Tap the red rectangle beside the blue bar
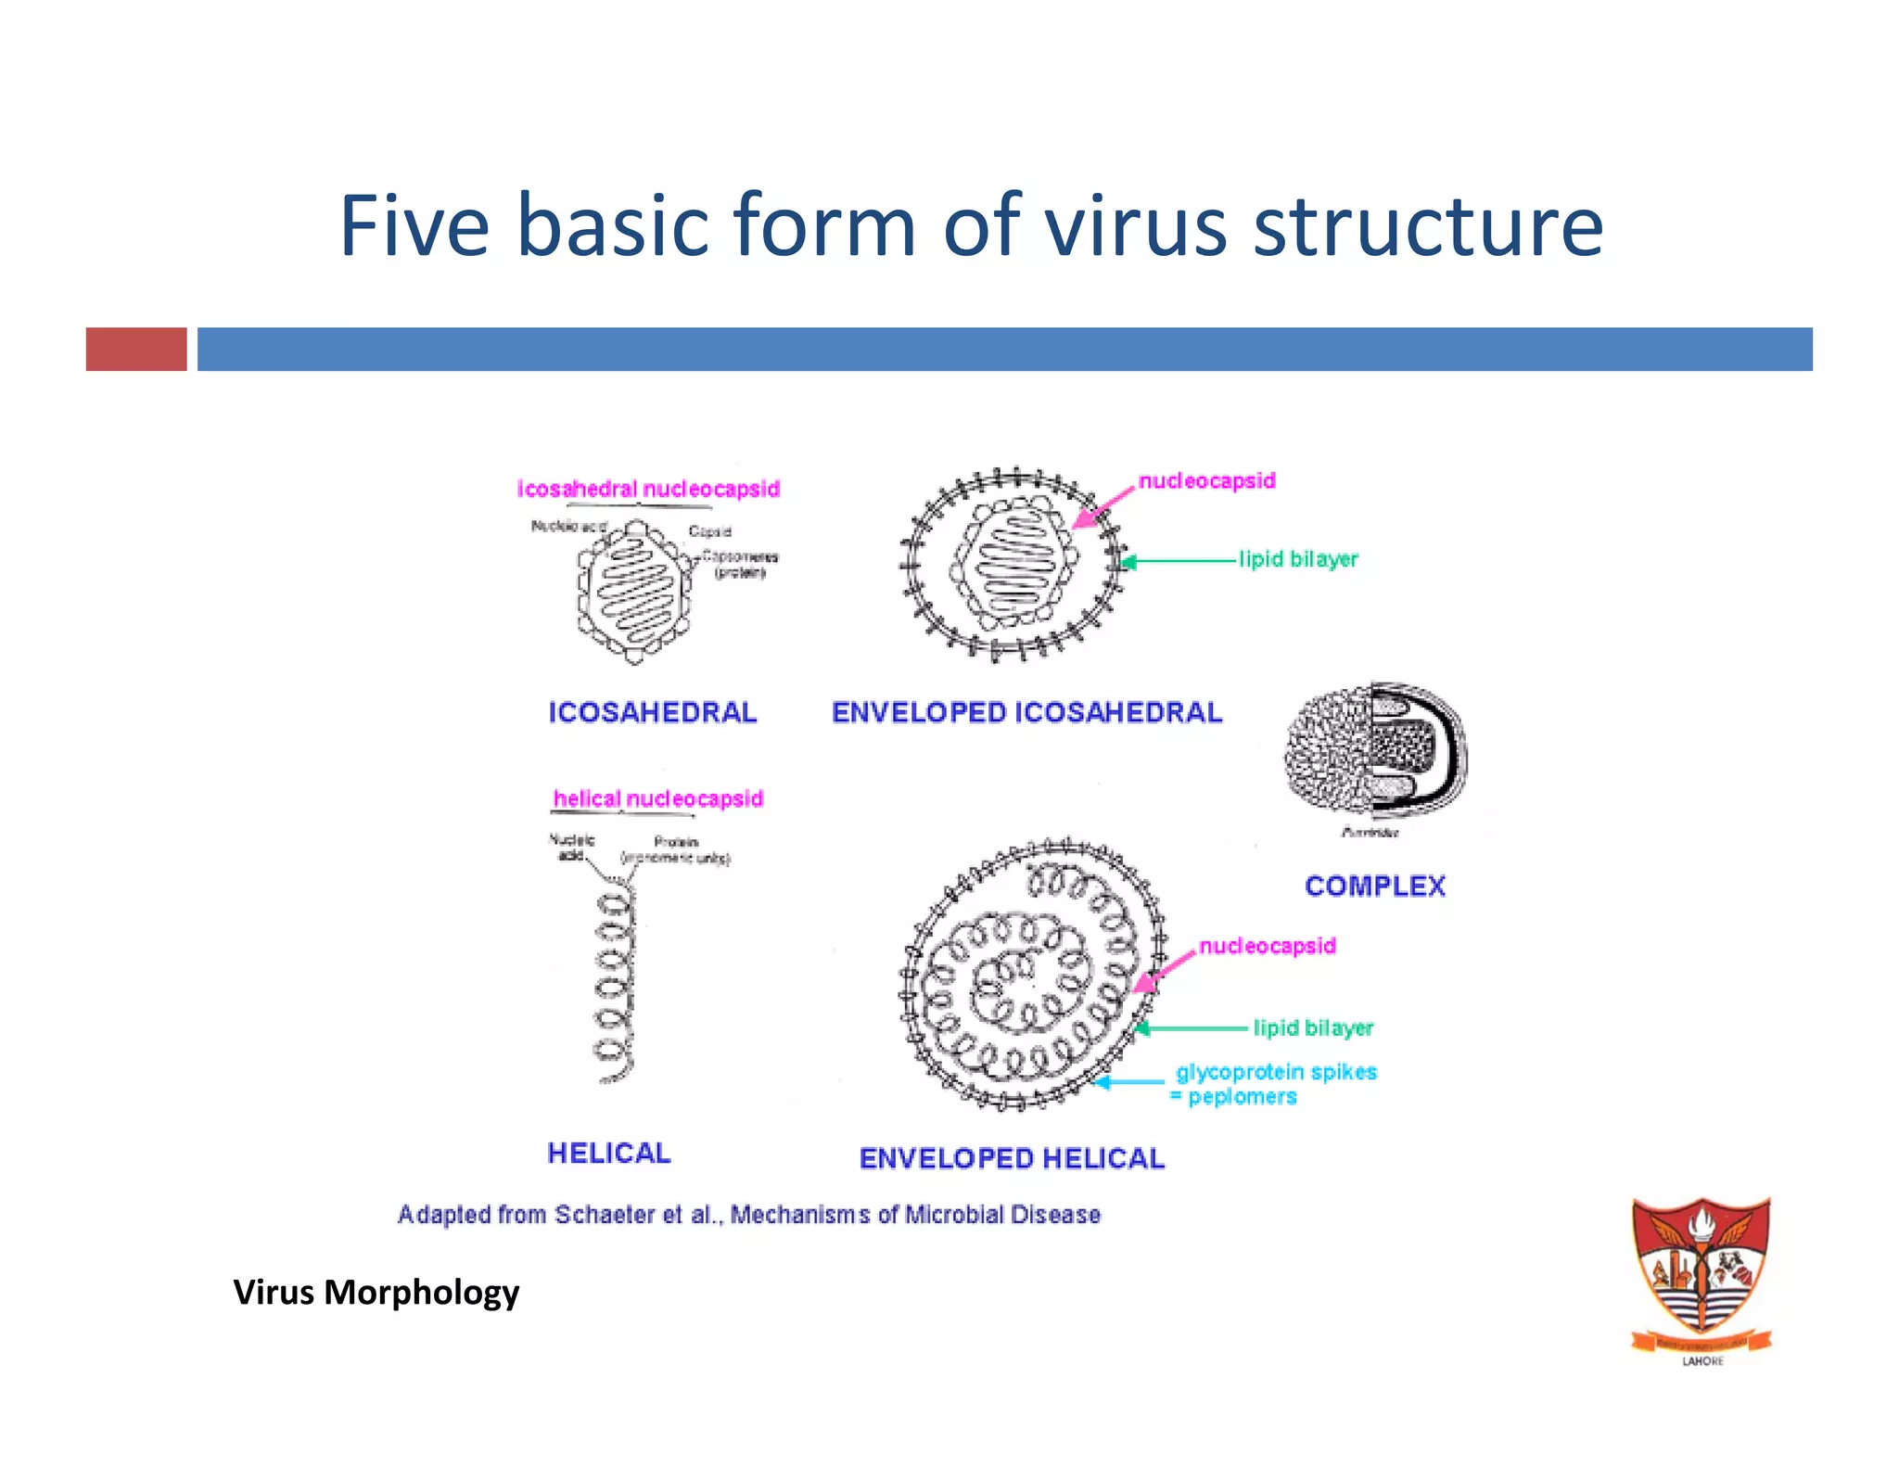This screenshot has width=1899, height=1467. tap(136, 349)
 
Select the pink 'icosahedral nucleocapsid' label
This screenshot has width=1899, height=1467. tap(648, 489)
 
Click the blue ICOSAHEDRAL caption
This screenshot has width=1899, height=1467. tap(652, 712)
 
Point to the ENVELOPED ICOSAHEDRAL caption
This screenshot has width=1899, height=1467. tap(1026, 712)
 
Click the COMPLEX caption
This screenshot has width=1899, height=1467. tap(1374, 886)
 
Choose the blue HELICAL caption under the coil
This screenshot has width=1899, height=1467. tap(608, 1153)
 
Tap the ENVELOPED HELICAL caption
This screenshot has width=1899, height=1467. tap(1012, 1158)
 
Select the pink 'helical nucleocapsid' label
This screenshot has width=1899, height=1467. tap(657, 798)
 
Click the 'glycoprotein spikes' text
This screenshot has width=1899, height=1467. tap(1276, 1072)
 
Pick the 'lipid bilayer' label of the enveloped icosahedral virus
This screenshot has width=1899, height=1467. tap(1298, 559)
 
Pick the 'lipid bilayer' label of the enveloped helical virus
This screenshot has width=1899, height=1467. tap(1313, 1027)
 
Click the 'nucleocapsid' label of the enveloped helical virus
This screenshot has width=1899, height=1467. tap(1267, 946)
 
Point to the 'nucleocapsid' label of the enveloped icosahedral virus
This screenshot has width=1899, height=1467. tap(1206, 480)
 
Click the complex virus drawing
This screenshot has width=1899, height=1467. tap(1375, 751)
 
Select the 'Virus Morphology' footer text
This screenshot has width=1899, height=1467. tap(376, 1292)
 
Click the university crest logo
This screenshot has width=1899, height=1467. tap(1701, 1275)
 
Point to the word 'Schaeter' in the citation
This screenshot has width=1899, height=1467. tap(604, 1214)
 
